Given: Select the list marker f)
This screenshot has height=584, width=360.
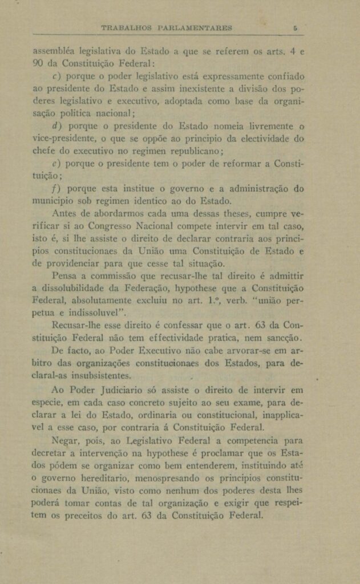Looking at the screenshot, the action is pos(56,188).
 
